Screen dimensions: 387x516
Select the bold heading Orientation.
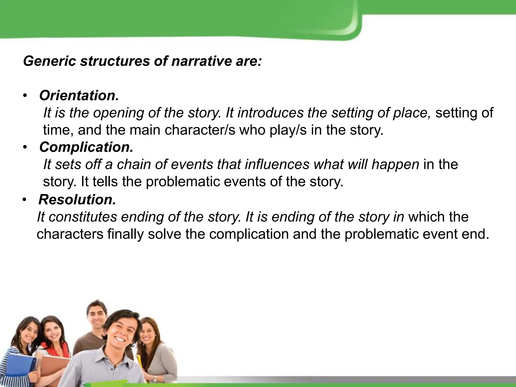(79, 96)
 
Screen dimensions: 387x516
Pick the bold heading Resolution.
(77, 200)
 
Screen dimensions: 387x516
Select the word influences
(277, 165)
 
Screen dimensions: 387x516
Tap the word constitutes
(82, 217)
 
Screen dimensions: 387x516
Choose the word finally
(125, 234)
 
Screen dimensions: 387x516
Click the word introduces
(270, 113)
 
